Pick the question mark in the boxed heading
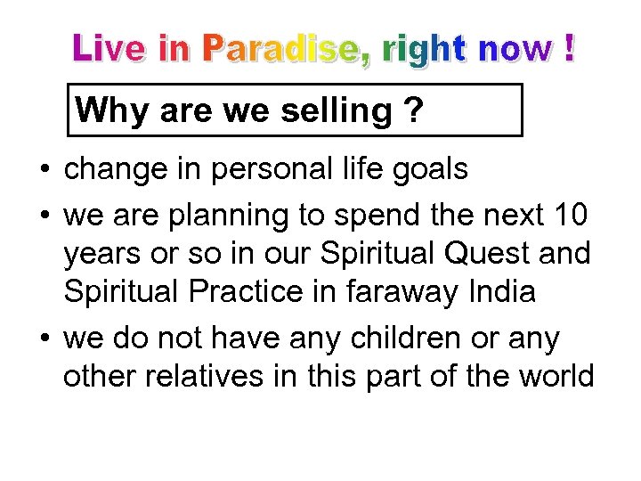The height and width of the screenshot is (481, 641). [x=412, y=110]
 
